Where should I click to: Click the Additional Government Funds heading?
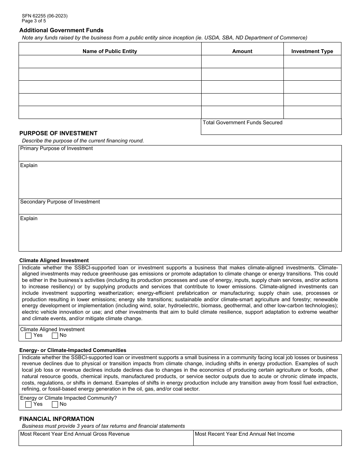tap(61, 30)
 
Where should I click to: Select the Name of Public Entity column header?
tap(110, 51)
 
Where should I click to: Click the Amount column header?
tap(242, 51)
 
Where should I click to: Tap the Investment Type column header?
tap(312, 51)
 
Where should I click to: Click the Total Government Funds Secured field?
tap(271, 129)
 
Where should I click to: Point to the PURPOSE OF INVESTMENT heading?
tap(58, 133)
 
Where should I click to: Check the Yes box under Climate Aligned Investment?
tap(28, 335)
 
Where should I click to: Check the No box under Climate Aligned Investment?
tap(55, 335)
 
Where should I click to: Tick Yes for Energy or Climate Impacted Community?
tap(28, 404)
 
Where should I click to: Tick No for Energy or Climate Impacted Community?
tap(55, 404)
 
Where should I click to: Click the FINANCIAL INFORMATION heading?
tap(57, 419)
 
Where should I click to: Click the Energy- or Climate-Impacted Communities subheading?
tap(73, 350)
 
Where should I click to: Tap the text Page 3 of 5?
tap(34, 21)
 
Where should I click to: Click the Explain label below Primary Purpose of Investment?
tap(29, 166)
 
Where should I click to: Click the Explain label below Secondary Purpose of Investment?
tap(29, 219)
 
